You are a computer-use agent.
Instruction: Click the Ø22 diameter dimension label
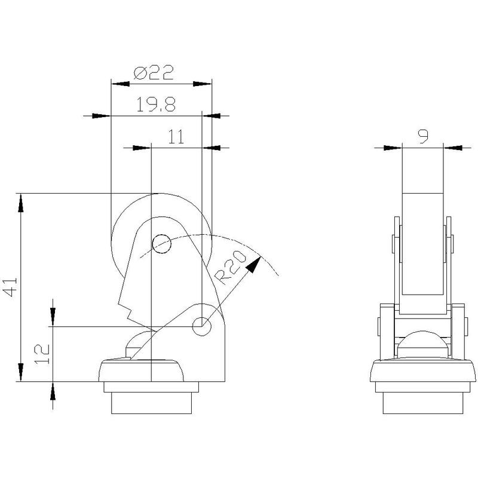click(154, 72)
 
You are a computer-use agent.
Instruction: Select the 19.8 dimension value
click(156, 104)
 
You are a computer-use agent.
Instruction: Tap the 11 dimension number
click(176, 137)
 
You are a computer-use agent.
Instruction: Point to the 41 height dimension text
click(10, 287)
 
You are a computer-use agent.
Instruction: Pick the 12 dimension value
click(42, 354)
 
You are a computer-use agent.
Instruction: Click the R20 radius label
click(230, 267)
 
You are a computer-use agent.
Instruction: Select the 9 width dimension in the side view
click(423, 136)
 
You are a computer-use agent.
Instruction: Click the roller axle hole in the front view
click(161, 244)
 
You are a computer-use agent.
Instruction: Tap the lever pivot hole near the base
click(201, 326)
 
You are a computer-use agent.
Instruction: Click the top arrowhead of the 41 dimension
click(21, 203)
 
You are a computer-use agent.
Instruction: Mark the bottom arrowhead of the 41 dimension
click(21, 372)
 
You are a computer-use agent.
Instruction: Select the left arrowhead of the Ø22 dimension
click(120, 84)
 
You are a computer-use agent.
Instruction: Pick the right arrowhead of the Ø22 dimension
click(203, 84)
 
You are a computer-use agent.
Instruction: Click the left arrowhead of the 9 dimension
click(393, 148)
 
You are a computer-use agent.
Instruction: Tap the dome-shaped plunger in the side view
click(422, 344)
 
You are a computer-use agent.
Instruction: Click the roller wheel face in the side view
click(422, 244)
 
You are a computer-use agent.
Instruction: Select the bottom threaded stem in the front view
click(152, 403)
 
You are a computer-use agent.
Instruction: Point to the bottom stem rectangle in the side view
click(422, 403)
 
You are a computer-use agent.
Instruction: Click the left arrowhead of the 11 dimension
click(142, 148)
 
